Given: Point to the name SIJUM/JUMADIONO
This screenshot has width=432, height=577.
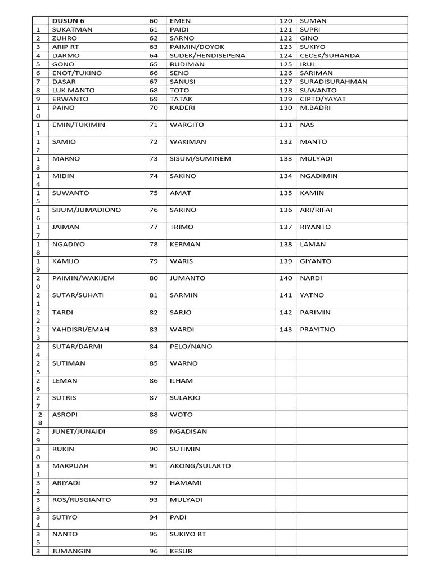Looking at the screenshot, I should pyautogui.click(x=86, y=210).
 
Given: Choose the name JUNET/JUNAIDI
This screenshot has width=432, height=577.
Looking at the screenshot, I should pyautogui.click(x=78, y=432).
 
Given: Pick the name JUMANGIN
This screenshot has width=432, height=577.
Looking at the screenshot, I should pyautogui.click(x=71, y=551).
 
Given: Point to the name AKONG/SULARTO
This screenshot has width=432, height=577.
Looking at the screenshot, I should pyautogui.click(x=200, y=466).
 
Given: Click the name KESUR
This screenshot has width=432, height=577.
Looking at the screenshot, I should pyautogui.click(x=181, y=551).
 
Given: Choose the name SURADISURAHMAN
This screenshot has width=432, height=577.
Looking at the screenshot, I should pyautogui.click(x=334, y=81).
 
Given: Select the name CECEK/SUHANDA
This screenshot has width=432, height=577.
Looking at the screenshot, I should pyautogui.click(x=330, y=55).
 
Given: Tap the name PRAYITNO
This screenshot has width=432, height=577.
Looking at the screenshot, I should pyautogui.click(x=318, y=329).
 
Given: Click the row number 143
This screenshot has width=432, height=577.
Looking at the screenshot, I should pyautogui.click(x=286, y=329).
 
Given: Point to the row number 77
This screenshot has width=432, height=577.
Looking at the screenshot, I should pyautogui.click(x=154, y=227).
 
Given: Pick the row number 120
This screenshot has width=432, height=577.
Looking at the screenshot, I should pyautogui.click(x=286, y=21).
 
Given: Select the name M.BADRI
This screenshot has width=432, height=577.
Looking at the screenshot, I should pyautogui.click(x=316, y=107).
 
